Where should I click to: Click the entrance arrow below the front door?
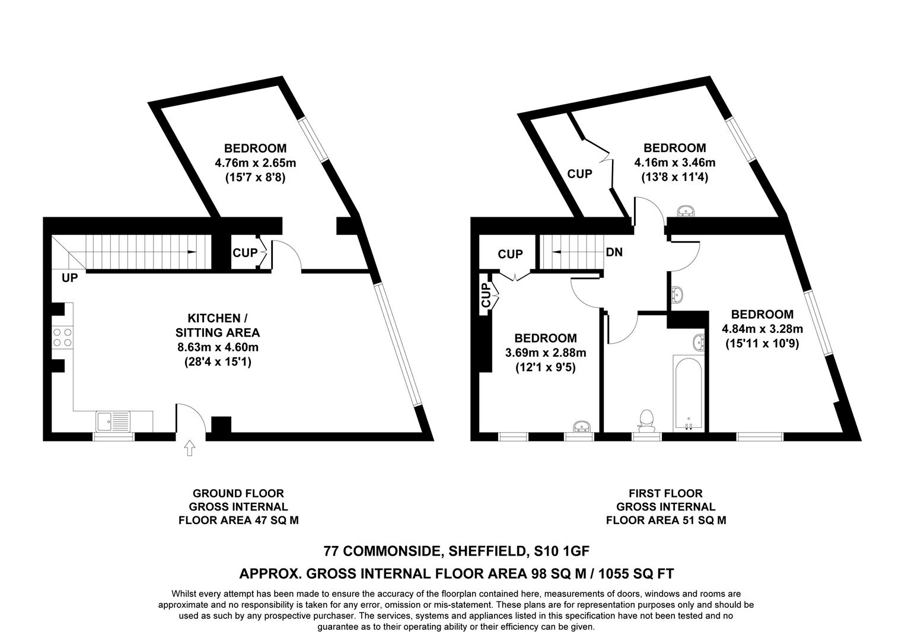190,448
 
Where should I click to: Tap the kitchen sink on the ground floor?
113,421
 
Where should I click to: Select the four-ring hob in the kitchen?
62,338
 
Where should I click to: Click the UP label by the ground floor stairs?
69,278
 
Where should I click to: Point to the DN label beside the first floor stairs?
614,252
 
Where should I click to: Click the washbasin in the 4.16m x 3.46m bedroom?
687,210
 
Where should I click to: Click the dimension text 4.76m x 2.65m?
255,163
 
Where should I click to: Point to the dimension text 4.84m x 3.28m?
762,329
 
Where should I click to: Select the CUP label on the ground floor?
245,253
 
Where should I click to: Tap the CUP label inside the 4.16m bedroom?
579,174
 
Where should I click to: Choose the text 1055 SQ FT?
636,573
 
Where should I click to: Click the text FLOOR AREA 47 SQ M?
238,521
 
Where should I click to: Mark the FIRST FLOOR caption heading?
665,493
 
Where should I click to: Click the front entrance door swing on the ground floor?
191,419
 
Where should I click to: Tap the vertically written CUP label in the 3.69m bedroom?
486,295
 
